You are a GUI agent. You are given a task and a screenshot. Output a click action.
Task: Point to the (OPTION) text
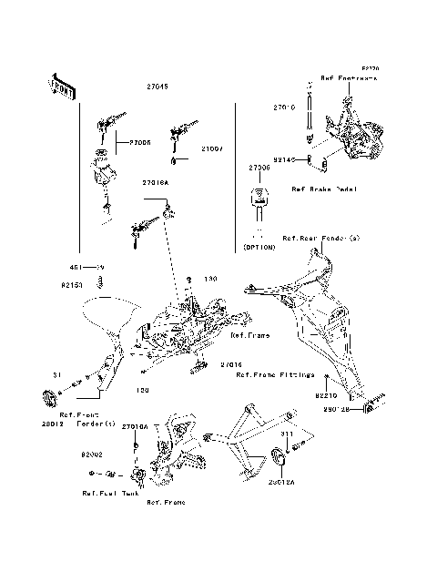click(x=259, y=247)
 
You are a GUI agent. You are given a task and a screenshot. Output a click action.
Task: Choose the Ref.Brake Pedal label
click(x=324, y=189)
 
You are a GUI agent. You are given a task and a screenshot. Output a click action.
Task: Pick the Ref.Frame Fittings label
click(x=275, y=374)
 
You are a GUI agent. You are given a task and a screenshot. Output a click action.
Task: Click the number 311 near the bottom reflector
click(x=287, y=434)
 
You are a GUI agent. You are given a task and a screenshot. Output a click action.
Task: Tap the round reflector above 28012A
click(x=279, y=458)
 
